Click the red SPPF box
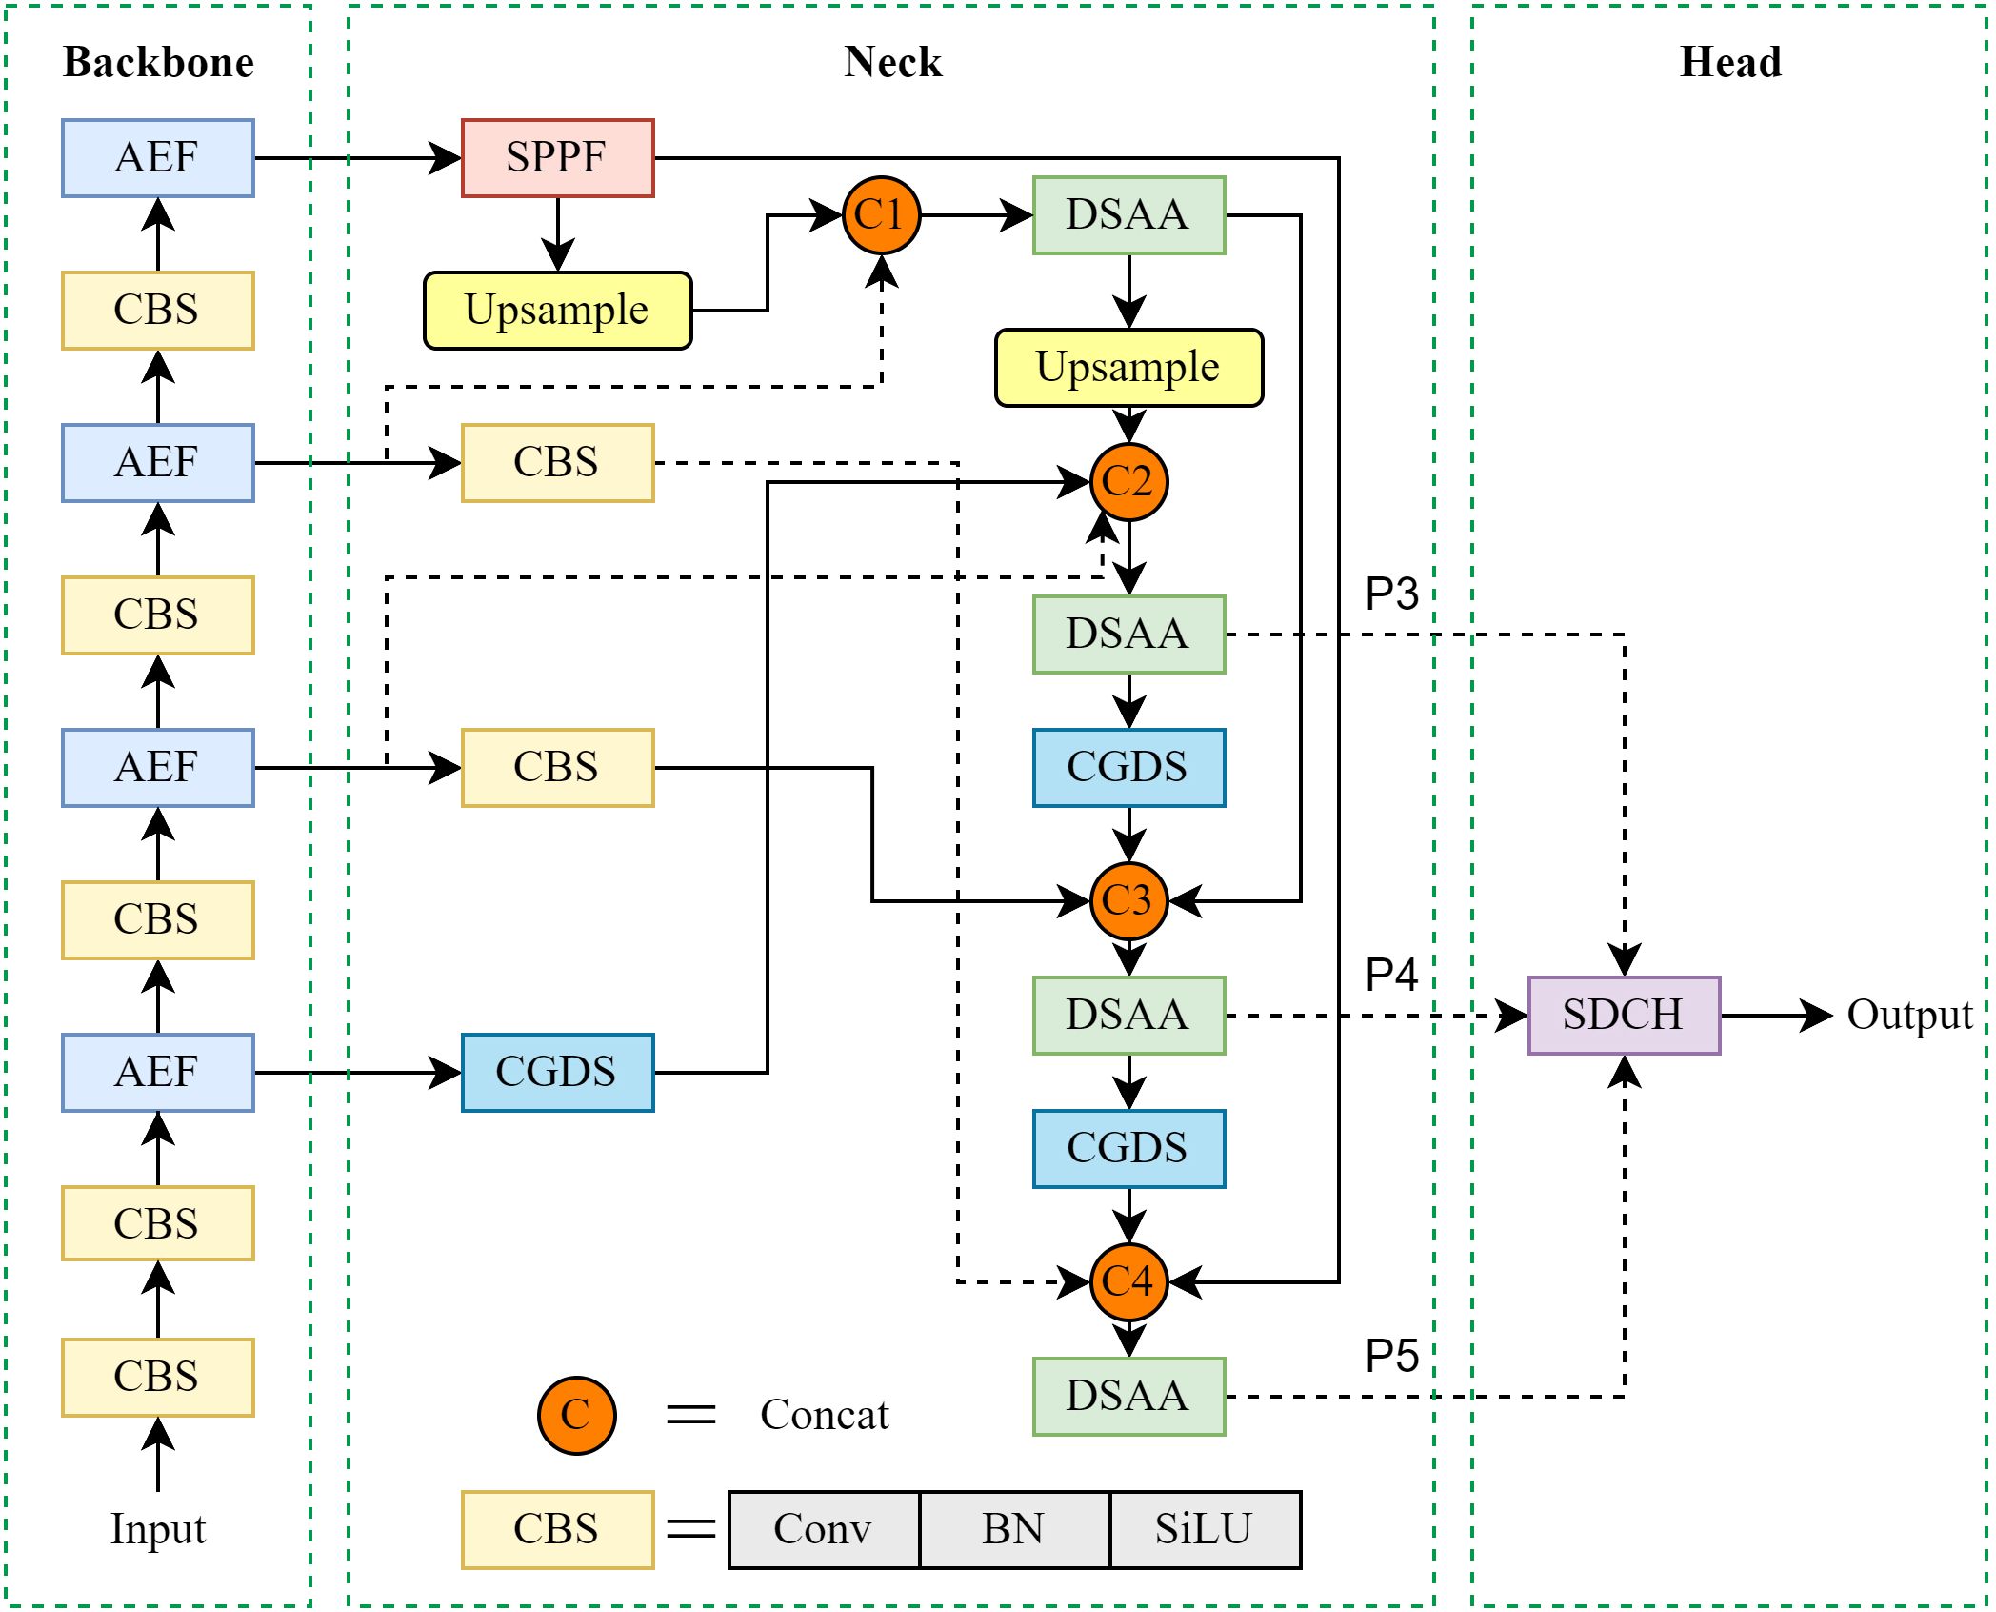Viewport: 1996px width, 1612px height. point(557,158)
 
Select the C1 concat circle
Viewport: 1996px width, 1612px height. point(881,215)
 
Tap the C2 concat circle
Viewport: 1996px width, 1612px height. point(1128,482)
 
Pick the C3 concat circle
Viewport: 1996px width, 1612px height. point(1128,901)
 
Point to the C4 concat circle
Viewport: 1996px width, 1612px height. point(1128,1282)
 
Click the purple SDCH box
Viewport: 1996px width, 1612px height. point(1624,1016)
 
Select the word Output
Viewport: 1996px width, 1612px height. point(1908,1016)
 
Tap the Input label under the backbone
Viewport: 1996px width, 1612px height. point(158,1530)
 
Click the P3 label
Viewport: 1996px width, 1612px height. point(1391,594)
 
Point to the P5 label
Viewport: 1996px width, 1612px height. point(1391,1357)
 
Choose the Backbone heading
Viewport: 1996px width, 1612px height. point(158,63)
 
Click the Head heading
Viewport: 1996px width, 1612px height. point(1730,63)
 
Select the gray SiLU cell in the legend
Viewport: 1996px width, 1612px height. point(1205,1530)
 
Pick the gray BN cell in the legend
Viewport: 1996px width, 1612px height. point(1014,1530)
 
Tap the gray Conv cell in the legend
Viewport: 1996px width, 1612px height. point(824,1530)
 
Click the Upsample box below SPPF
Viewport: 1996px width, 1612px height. point(557,311)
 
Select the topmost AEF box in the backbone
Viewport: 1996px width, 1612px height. point(158,158)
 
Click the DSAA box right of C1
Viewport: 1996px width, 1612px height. point(1128,215)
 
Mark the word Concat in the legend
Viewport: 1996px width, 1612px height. point(824,1416)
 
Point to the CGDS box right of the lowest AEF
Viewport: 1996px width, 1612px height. point(557,1073)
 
